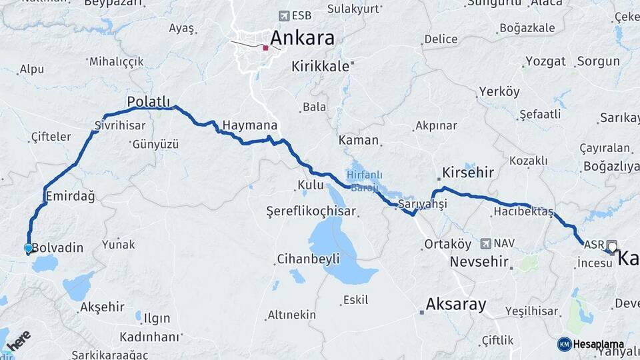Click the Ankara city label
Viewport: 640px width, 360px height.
(303, 37)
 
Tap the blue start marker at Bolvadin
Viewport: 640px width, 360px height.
(28, 248)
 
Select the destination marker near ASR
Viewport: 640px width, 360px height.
(612, 246)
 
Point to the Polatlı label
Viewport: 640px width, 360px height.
(149, 101)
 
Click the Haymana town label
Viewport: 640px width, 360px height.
(249, 125)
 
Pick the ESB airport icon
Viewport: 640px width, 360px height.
(285, 15)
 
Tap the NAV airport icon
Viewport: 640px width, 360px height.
(485, 244)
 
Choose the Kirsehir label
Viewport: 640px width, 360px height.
(467, 173)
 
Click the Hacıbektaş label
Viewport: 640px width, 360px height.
(524, 211)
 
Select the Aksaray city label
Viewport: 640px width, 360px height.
(455, 303)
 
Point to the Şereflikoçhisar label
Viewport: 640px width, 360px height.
(311, 211)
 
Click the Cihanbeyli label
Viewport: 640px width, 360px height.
(308, 258)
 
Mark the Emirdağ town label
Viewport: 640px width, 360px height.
(70, 196)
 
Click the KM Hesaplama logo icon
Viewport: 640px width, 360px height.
(565, 344)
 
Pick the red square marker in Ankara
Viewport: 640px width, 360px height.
(266, 47)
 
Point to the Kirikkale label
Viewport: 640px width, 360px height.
(321, 66)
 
